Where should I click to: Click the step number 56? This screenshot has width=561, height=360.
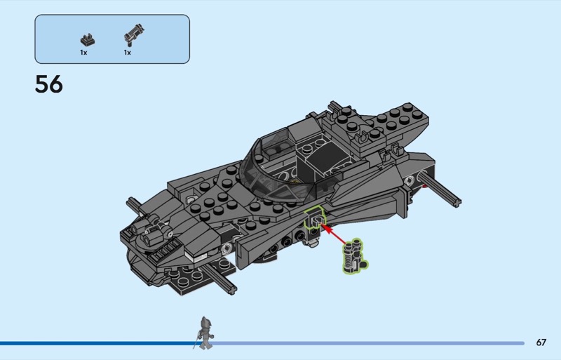click(48, 84)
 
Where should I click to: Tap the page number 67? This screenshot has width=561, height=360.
click(541, 342)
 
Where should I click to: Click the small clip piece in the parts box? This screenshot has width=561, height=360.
click(87, 40)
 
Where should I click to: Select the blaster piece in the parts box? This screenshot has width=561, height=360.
click(134, 35)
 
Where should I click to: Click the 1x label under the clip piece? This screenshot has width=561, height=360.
click(83, 53)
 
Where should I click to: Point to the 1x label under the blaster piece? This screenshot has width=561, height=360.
click(128, 53)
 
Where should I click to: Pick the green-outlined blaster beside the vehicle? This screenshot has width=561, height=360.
click(354, 256)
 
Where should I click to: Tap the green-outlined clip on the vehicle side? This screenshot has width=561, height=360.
click(314, 219)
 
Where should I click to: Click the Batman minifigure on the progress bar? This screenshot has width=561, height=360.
click(205, 333)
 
